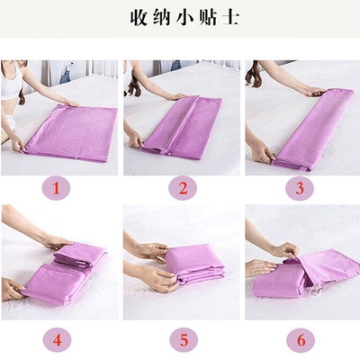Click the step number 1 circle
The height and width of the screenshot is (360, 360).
(x=57, y=189)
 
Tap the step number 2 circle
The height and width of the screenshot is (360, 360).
(x=183, y=188)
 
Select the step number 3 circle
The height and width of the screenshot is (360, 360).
(x=300, y=188)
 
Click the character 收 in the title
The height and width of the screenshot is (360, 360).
(x=139, y=18)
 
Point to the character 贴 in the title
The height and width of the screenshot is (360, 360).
(x=207, y=18)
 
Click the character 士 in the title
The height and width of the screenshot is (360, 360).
(x=230, y=18)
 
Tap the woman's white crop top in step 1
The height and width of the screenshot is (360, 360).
(x=12, y=83)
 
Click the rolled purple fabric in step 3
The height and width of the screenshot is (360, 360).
(x=313, y=128)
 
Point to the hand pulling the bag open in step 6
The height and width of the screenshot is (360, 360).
(x=285, y=251)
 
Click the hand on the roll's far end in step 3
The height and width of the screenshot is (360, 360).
(x=314, y=91)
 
